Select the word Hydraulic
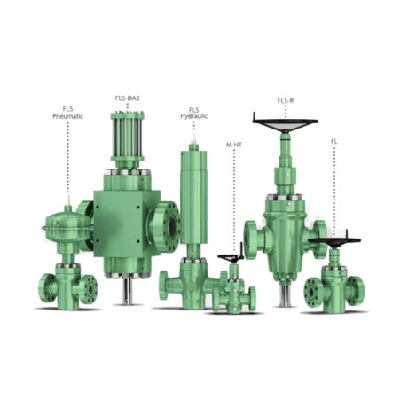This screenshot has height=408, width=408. click(x=193, y=115)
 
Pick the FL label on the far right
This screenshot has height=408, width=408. click(x=334, y=141)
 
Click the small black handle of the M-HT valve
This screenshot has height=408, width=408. click(x=232, y=258)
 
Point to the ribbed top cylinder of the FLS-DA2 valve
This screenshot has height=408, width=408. click(x=128, y=142)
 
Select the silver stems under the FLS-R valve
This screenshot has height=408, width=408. click(x=286, y=292)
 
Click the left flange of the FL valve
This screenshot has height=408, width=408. click(x=312, y=292)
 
